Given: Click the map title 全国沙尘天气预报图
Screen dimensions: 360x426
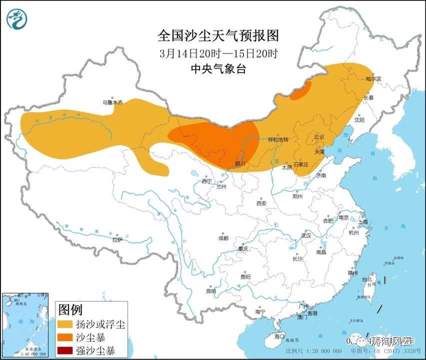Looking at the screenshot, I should click(218, 35).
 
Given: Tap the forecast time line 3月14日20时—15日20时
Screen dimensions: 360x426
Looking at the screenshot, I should click(218, 52).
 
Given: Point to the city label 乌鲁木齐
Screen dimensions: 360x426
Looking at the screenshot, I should click(112, 102).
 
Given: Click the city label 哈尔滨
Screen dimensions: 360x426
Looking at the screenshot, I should click(373, 78).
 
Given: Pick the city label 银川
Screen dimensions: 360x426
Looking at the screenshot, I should click(240, 163).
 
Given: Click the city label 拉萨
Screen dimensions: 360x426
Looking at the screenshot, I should click(117, 240).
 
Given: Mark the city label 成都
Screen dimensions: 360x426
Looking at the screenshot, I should click(222, 238).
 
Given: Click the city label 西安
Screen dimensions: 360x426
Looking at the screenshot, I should click(261, 203).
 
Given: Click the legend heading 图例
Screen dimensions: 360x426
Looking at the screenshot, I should click(70, 309).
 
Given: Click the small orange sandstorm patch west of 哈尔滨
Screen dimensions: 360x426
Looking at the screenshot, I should click(300, 91).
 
